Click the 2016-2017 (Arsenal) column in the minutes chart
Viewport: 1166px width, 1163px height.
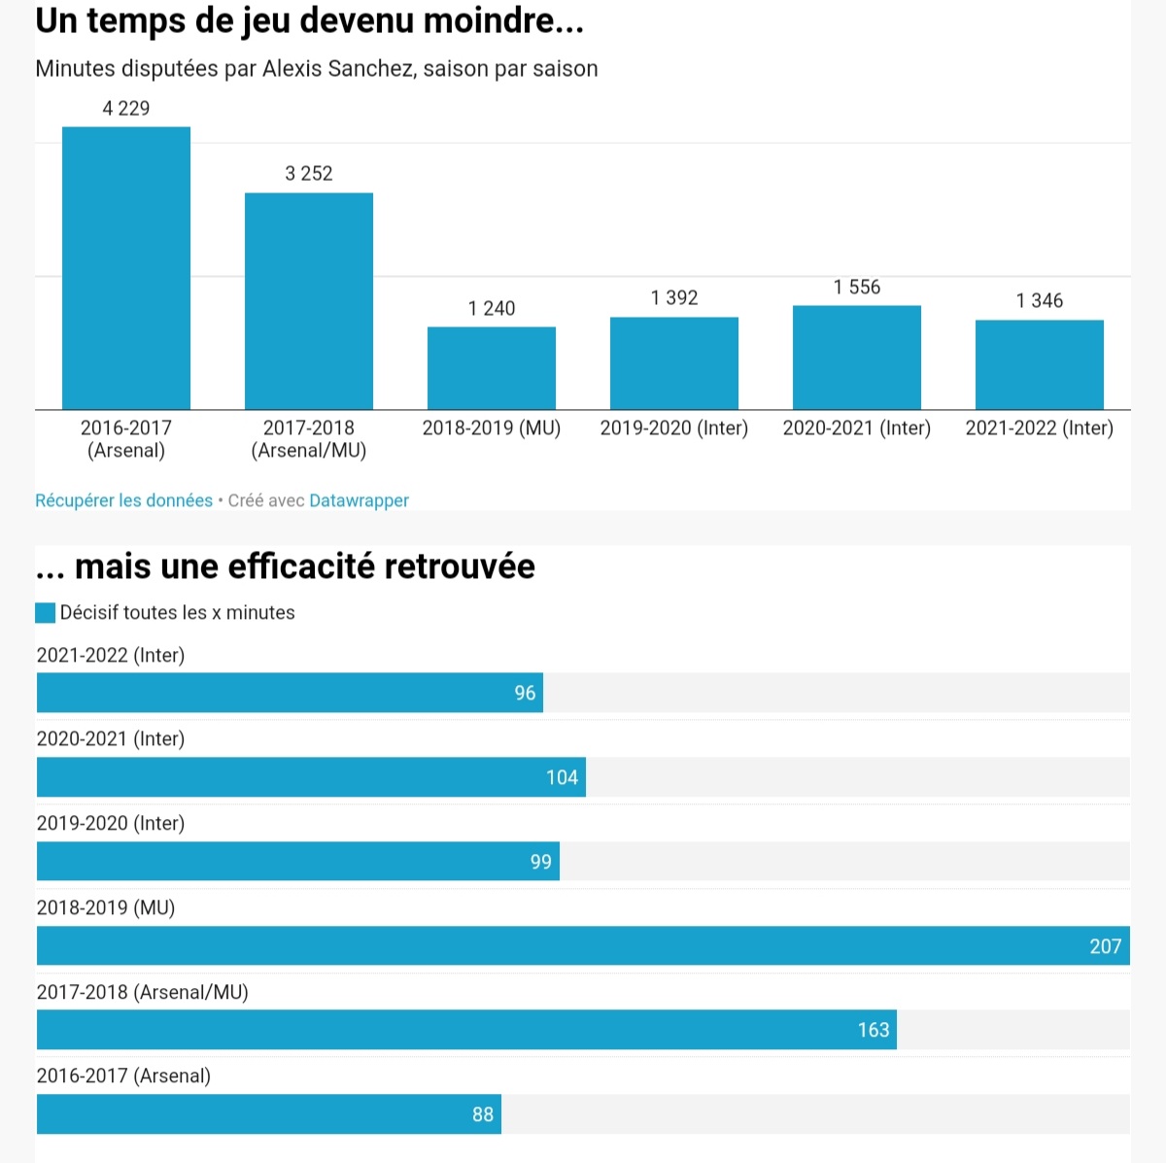click(x=126, y=268)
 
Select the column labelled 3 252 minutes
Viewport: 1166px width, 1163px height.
click(x=309, y=301)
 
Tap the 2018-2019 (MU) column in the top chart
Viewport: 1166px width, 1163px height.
click(x=492, y=368)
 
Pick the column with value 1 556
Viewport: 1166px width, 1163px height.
click(x=857, y=358)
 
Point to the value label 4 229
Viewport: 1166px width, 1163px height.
click(x=126, y=108)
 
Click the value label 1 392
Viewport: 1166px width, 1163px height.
click(x=674, y=297)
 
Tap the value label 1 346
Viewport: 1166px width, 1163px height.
click(x=1040, y=300)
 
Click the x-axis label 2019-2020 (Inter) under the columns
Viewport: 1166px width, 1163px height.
click(x=674, y=428)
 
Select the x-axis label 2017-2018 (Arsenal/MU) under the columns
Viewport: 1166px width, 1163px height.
click(x=309, y=439)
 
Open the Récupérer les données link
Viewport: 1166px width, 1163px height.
click(x=123, y=500)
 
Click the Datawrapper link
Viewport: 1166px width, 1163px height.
click(x=359, y=500)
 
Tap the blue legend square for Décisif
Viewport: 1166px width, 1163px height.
click(x=46, y=613)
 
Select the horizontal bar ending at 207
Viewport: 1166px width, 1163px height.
click(x=583, y=945)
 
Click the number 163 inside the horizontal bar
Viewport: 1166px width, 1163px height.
click(x=874, y=1030)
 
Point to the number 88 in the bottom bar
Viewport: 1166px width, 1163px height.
click(x=483, y=1114)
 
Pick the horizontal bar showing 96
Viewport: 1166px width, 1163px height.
click(x=290, y=693)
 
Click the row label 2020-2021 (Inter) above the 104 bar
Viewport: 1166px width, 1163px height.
click(x=111, y=738)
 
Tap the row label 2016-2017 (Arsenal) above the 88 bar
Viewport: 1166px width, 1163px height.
click(x=123, y=1076)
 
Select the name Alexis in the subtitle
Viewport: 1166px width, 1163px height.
click(x=291, y=69)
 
